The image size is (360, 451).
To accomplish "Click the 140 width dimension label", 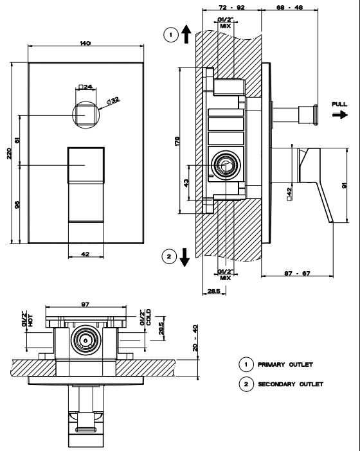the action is click(85, 43).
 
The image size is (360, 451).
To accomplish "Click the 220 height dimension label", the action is click(9, 154).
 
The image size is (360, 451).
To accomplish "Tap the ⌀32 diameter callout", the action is click(113, 100).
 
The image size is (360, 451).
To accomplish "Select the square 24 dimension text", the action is click(85, 87).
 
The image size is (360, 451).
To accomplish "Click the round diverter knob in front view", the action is click(85, 115).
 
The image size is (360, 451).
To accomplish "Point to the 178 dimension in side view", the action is click(177, 141).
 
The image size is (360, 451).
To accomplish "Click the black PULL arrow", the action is click(340, 115).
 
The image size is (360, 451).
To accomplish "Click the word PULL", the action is click(339, 104).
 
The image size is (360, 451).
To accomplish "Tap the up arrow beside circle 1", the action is click(186, 34).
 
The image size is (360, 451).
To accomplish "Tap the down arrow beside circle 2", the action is click(184, 257).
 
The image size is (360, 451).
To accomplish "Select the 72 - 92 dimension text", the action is click(231, 7).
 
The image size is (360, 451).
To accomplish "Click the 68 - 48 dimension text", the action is click(289, 7).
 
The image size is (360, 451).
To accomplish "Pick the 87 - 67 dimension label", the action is click(297, 273).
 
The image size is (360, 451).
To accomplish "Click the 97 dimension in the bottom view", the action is click(85, 304).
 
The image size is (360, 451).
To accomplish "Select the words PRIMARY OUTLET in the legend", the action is click(285, 364).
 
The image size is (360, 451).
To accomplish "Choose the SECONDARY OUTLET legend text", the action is click(291, 384).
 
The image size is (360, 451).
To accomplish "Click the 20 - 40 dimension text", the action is click(195, 338).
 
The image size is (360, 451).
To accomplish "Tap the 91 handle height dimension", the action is click(344, 185).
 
